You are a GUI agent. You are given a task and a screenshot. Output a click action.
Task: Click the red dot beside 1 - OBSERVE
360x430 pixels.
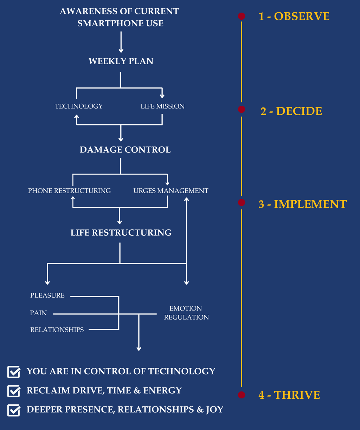242,16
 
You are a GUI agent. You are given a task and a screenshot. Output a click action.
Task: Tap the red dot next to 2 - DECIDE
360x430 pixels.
242,109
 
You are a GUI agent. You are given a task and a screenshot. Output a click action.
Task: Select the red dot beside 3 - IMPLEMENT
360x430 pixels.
242,202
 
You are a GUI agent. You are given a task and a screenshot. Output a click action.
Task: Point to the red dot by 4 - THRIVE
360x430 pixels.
242,395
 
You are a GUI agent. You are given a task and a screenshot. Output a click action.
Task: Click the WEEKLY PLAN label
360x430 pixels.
121,61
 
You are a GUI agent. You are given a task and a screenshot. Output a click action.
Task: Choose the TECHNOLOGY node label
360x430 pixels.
79,106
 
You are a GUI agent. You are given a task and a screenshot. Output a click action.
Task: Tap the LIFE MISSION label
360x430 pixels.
162,106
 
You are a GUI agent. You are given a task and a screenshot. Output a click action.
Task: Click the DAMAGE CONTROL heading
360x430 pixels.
125,150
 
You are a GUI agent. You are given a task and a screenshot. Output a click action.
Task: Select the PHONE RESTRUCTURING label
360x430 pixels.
69,191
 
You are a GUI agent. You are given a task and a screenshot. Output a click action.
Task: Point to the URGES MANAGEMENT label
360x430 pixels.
171,191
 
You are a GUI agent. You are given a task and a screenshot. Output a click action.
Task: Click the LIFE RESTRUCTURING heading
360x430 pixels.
121,233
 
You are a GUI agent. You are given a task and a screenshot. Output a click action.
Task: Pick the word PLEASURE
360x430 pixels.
47,295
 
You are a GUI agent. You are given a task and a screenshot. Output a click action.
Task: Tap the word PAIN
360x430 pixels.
38,313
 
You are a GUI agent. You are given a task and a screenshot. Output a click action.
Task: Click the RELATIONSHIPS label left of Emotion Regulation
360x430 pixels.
57,330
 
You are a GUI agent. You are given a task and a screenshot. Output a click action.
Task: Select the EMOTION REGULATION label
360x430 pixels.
186,313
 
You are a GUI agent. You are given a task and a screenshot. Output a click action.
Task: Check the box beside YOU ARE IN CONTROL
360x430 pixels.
14,372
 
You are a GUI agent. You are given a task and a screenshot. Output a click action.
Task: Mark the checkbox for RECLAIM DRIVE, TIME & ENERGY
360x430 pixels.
14,391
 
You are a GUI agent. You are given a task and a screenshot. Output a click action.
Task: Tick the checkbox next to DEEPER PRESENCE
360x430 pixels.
14,410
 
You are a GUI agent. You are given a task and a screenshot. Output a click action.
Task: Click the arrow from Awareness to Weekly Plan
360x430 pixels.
121,42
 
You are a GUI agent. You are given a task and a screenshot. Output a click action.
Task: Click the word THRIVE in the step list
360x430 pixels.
297,395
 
